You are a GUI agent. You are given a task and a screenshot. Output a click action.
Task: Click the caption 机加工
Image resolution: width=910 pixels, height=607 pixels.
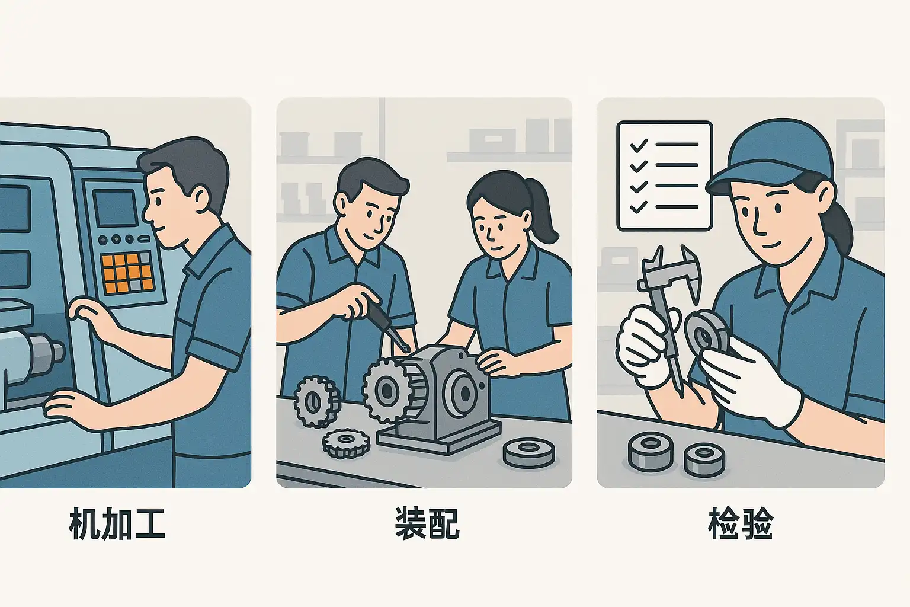(x=117, y=523)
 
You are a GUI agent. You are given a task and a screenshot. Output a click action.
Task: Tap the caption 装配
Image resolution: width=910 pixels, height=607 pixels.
(x=427, y=523)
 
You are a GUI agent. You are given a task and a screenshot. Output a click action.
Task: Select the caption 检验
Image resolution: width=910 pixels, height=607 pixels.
(x=740, y=523)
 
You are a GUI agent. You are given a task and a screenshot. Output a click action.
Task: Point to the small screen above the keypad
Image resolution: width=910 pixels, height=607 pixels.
(x=116, y=207)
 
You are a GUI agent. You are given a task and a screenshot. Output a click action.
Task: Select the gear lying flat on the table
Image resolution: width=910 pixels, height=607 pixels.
(x=347, y=443)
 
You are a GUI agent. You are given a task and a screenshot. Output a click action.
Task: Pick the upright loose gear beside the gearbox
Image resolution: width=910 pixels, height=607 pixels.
(x=317, y=402)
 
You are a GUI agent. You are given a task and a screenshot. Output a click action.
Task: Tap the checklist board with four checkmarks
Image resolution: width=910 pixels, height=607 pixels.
(x=665, y=175)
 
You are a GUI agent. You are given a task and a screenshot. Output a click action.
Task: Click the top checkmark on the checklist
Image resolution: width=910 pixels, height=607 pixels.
(x=639, y=145)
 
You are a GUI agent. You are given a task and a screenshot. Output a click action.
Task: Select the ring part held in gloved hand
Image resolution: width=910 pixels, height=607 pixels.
(x=707, y=333)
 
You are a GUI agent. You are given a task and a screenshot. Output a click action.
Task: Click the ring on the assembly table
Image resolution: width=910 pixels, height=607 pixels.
(x=529, y=452)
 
